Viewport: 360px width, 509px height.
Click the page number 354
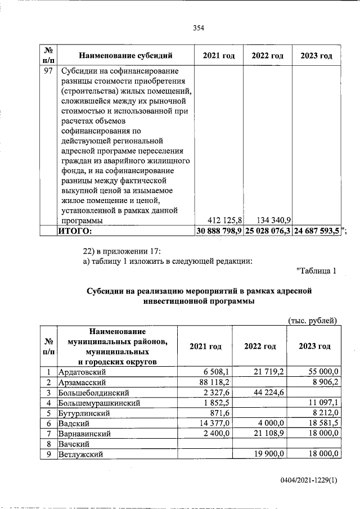coord(197,29)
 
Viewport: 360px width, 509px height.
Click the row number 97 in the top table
coord(48,71)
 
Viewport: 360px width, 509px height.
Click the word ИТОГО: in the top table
coord(76,231)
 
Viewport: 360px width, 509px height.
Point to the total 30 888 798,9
coord(218,231)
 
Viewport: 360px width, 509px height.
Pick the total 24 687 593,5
coord(316,231)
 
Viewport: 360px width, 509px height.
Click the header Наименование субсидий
coord(125,56)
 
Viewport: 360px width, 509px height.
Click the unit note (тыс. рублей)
coord(312,321)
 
